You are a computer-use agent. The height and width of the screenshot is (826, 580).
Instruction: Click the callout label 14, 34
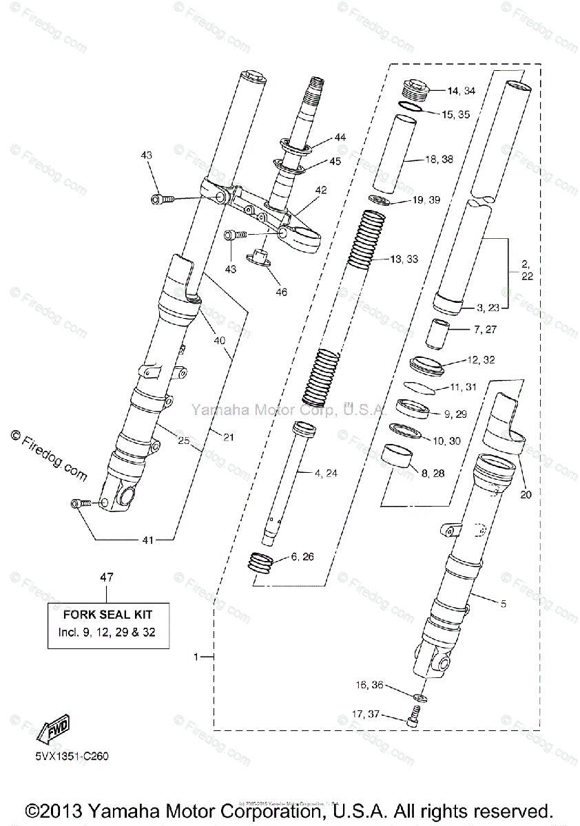461,91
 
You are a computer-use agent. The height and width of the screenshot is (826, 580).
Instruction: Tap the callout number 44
340,138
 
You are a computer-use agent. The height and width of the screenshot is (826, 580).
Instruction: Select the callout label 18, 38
439,159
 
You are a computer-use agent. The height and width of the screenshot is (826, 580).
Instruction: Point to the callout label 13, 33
404,260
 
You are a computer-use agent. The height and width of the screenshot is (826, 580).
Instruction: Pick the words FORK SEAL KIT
107,614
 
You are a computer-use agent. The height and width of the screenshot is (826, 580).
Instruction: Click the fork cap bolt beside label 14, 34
415,88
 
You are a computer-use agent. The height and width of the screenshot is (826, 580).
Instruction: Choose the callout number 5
503,604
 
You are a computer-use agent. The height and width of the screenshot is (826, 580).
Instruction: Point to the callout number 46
281,292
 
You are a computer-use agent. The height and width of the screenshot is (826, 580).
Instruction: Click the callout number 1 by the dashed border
196,657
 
